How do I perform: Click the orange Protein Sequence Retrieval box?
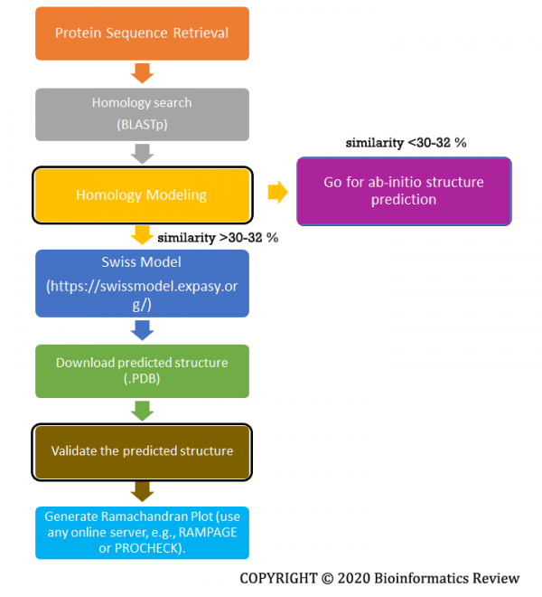142,33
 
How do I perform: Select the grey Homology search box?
142,115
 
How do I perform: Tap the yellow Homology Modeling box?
142,194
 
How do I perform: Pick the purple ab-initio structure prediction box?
404,191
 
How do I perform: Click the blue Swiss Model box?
142,282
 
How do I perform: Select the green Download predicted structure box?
142,371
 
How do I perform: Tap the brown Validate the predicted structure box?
142,450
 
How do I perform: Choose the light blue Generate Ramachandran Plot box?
142,532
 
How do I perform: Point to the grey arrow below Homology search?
142,155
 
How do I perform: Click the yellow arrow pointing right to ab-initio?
277,192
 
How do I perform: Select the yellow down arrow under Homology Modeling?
142,235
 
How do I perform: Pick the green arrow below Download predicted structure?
142,411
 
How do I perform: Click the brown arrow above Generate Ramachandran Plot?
142,491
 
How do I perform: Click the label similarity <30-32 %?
406,143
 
